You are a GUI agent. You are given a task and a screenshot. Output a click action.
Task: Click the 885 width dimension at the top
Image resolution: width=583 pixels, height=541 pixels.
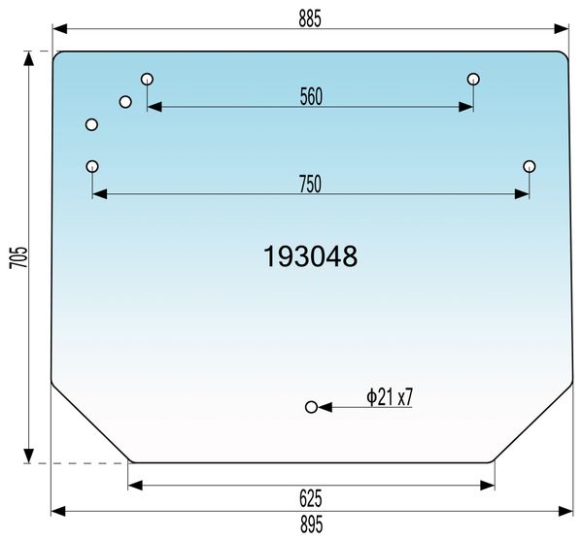[x=310, y=18]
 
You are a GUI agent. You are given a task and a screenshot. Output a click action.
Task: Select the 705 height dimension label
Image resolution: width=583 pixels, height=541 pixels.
[x=18, y=256]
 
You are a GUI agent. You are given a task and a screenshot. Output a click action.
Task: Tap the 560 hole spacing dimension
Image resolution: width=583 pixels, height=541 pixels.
[x=311, y=96]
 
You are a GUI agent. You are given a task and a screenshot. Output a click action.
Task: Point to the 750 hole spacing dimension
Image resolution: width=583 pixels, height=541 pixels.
[x=310, y=185]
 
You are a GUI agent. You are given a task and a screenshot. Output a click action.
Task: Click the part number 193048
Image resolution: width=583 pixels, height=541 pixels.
[x=311, y=256]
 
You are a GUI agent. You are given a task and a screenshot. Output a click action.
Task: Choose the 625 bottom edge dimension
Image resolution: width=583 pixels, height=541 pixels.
[x=311, y=498]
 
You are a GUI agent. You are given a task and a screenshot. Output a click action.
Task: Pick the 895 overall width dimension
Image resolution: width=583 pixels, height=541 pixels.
[x=312, y=524]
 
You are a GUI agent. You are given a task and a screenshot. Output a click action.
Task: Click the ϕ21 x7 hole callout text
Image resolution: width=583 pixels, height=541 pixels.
[x=390, y=397]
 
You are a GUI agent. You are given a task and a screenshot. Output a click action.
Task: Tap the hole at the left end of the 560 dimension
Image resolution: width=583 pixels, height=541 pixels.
[x=148, y=79]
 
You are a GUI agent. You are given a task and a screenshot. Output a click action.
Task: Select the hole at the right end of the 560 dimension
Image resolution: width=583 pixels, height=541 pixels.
[x=473, y=79]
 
